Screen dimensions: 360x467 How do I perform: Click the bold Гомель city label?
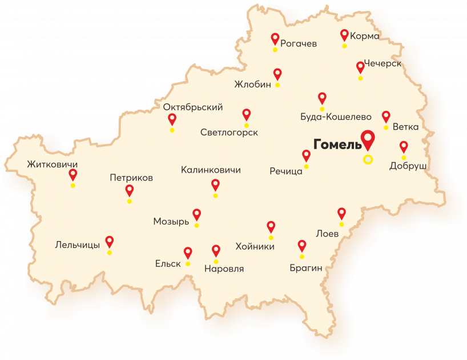(337, 143)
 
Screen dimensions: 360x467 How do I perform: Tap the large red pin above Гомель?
(368, 139)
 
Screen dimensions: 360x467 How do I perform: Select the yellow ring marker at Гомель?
(368, 159)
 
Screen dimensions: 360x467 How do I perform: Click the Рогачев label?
(299, 43)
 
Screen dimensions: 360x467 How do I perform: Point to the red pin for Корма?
(344, 35)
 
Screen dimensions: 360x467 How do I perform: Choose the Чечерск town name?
(383, 63)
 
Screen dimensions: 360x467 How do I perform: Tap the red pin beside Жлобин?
(277, 74)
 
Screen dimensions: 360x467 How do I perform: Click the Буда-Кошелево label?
(336, 117)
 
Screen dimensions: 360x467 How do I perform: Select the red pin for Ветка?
(386, 116)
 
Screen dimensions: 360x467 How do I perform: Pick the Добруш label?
(408, 166)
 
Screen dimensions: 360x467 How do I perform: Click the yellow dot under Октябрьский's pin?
(172, 130)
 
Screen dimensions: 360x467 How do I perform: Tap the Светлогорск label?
(229, 133)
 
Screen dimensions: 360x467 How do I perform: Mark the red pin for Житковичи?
(73, 174)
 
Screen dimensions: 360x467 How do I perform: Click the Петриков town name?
(131, 178)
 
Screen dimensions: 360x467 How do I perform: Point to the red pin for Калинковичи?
(215, 185)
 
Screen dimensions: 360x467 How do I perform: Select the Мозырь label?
(171, 222)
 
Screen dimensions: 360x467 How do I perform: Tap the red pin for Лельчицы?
(109, 241)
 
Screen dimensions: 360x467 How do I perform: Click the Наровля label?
(224, 269)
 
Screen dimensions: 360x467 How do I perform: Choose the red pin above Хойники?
(271, 226)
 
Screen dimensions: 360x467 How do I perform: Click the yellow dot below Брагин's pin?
(302, 257)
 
